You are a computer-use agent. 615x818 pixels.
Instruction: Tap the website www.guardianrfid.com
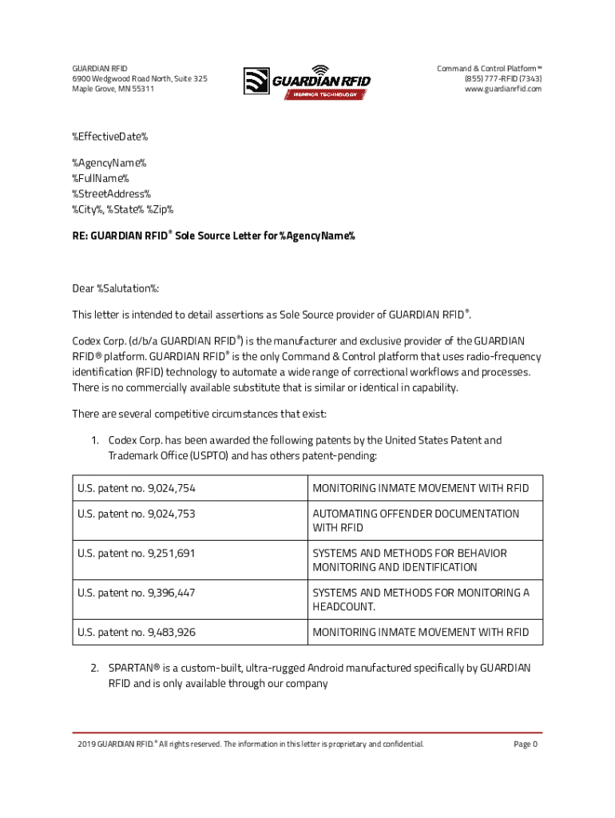point(502,89)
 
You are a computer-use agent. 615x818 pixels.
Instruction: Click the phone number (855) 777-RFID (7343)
point(502,78)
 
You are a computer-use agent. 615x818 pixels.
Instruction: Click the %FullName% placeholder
point(101,178)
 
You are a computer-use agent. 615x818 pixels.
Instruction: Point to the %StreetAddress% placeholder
point(112,194)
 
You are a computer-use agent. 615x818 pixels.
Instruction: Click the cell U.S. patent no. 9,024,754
point(137,488)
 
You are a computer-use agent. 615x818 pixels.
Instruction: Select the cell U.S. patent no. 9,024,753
point(137,514)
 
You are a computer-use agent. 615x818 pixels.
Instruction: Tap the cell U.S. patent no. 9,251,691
point(137,553)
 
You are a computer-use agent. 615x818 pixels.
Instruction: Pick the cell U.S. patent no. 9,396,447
point(137,593)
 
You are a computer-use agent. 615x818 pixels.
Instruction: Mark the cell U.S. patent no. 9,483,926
point(137,632)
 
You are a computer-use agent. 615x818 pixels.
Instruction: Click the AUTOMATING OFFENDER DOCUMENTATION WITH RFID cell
point(415,521)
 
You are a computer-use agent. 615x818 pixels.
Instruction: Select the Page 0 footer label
point(525,745)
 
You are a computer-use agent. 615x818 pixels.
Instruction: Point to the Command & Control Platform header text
point(489,68)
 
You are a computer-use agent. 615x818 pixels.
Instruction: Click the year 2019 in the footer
point(86,745)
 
